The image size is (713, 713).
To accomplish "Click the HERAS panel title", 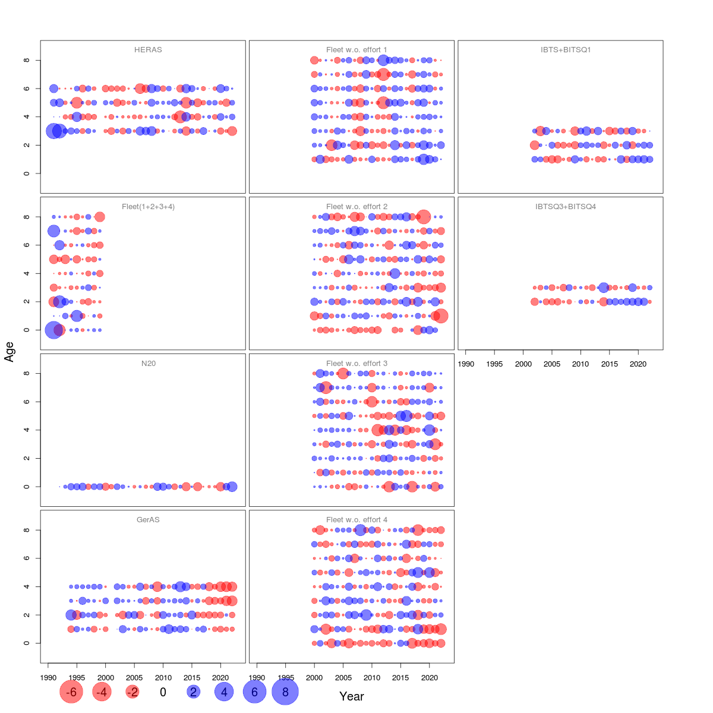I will click(148, 50).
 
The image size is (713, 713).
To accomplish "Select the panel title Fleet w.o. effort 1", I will click(356, 50).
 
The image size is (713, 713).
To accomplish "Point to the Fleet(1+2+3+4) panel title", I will click(148, 207).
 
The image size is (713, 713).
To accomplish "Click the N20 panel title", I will click(149, 363).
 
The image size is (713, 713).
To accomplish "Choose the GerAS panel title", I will click(148, 520).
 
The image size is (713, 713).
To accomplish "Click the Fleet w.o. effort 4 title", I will click(356, 520).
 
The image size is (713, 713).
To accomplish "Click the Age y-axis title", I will click(9, 352).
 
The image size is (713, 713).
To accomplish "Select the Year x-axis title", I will click(351, 696).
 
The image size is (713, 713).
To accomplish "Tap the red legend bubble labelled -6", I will click(71, 692).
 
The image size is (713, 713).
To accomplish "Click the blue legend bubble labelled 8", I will click(285, 692).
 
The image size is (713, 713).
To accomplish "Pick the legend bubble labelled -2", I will click(132, 692).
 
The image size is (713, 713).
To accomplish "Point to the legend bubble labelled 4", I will click(224, 692).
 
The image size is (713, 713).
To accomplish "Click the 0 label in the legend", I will click(163, 692).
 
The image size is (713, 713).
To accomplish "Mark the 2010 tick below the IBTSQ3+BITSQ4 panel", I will click(581, 364).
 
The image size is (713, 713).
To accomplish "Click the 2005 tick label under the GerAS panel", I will click(134, 677).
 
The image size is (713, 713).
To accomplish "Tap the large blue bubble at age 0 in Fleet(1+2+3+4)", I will click(53, 330).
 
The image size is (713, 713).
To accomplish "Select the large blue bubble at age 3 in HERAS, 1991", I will click(53, 131).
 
